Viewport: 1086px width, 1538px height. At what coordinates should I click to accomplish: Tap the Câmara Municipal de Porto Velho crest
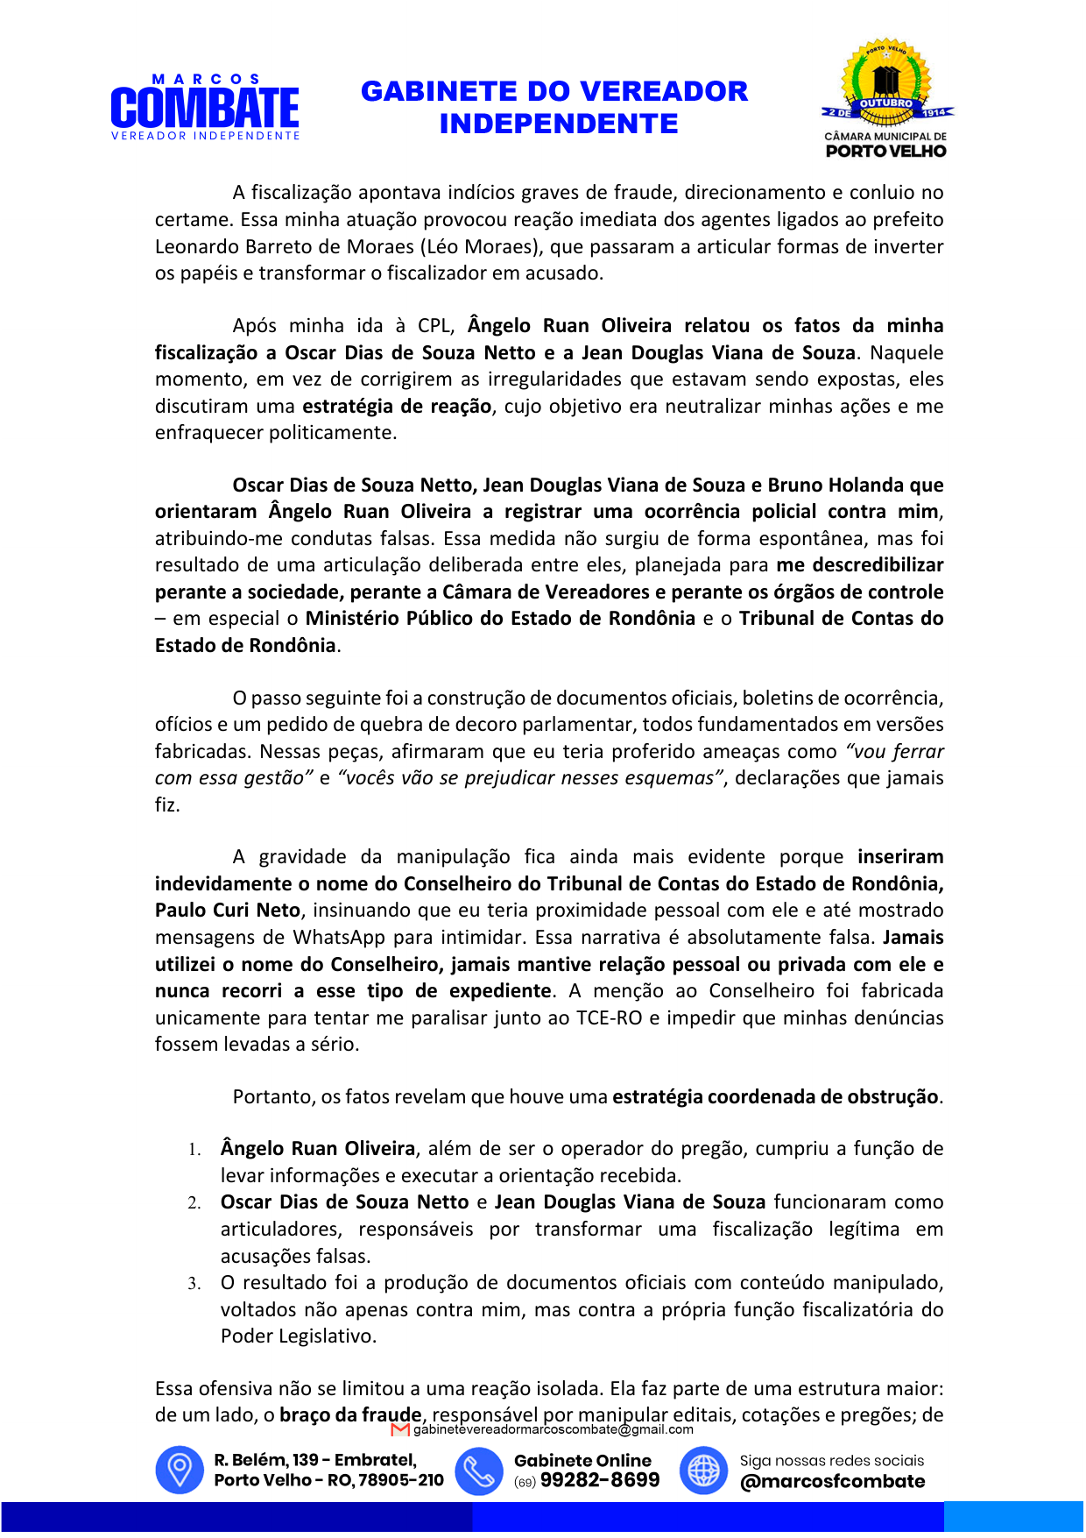(x=886, y=98)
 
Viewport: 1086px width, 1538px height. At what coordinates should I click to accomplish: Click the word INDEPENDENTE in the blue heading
(x=559, y=124)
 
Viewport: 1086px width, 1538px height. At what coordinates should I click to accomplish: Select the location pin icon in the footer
(x=179, y=1470)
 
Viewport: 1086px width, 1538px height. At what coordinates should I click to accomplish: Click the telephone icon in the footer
(x=479, y=1470)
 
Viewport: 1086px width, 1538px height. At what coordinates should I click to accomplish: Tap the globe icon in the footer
(x=703, y=1470)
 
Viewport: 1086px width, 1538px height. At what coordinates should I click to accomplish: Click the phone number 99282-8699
(x=600, y=1480)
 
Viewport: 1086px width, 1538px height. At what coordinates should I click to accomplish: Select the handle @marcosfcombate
(x=832, y=1481)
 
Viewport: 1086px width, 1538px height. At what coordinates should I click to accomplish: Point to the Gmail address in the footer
(x=553, y=1429)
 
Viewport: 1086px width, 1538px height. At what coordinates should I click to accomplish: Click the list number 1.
(x=194, y=1150)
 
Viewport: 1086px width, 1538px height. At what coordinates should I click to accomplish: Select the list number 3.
(x=194, y=1284)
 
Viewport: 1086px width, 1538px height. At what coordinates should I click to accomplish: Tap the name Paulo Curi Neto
(x=228, y=911)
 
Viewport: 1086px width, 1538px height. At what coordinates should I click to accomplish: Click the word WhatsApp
(x=339, y=938)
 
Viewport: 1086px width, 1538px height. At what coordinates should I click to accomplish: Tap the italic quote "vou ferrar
(x=894, y=752)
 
